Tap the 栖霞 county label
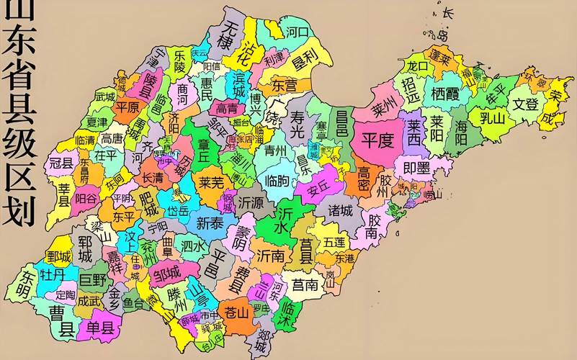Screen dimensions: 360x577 click(445, 94)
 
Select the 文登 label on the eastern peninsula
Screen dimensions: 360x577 click(525, 104)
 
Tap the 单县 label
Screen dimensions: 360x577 click(100, 328)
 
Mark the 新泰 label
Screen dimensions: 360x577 click(210, 222)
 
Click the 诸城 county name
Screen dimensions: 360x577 click(341, 211)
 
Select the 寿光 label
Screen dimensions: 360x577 click(298, 127)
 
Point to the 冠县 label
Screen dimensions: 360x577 click(61, 163)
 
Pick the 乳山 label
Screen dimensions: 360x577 click(493, 117)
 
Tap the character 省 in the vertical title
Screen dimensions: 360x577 click(20, 73)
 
